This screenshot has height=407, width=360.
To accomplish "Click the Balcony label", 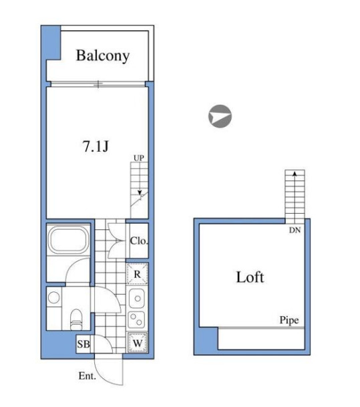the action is coord(103,56).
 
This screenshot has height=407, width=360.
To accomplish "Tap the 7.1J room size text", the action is coord(96,146).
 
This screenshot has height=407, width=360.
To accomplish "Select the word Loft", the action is coord(250,277).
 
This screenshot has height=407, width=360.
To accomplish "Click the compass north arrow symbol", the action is coord(220,116).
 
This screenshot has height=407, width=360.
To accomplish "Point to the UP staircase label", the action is coord(139,158).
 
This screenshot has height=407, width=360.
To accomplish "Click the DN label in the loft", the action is coord(295,230).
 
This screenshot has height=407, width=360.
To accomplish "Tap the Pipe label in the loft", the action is coord(289,320).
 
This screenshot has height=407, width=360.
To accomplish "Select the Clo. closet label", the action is coord(139,241).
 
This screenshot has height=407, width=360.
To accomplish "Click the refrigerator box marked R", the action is coord(137,274).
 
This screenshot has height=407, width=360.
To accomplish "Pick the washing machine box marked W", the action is coord(137,343).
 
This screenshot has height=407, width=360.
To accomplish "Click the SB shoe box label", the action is coord(83,344).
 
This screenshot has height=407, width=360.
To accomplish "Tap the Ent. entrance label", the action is coord(87,376).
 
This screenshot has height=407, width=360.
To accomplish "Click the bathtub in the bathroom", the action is coord(69,240).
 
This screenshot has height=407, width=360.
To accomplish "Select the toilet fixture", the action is coord(76,319).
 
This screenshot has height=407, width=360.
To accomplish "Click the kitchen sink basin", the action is coord(137,298).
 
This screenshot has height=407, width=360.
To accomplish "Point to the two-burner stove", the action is coord(136,319).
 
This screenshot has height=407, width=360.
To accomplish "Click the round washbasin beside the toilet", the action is coord(54,297).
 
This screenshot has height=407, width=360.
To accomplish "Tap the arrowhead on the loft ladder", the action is coord(295,173).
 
